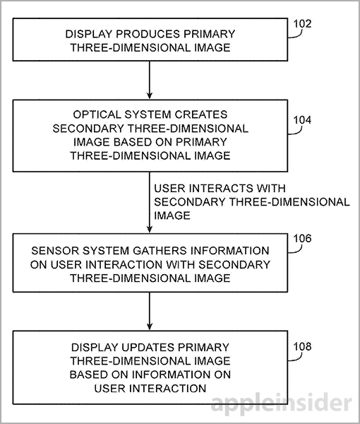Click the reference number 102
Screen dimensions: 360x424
click(x=302, y=24)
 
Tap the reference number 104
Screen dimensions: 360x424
click(x=302, y=120)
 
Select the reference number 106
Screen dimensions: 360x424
click(x=302, y=239)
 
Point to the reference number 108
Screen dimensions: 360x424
click(x=302, y=346)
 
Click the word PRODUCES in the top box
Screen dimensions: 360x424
click(x=148, y=34)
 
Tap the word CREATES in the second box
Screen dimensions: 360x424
click(x=200, y=114)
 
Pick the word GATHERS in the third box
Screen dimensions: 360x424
click(x=160, y=251)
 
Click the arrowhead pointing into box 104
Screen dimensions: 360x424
click(x=150, y=95)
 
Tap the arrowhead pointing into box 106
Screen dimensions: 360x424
click(x=150, y=229)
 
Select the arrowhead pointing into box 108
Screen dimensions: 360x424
click(x=150, y=326)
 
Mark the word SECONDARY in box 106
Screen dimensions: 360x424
click(x=234, y=264)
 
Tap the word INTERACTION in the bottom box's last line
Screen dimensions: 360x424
click(x=168, y=389)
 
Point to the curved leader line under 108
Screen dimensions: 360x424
click(x=296, y=358)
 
